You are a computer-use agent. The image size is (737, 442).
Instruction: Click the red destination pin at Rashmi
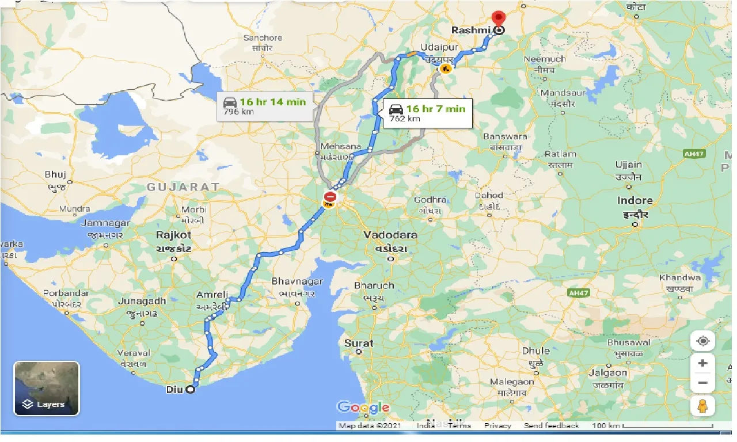click(499, 19)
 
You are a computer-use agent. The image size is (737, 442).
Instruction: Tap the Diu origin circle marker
click(189, 390)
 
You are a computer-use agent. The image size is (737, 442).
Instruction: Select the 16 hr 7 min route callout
click(427, 113)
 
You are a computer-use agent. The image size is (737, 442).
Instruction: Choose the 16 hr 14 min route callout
click(265, 106)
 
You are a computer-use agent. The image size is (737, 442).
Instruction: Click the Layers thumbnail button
click(47, 388)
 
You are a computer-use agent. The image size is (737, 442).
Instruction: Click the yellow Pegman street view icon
click(702, 406)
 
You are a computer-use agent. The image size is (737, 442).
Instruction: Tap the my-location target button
click(702, 341)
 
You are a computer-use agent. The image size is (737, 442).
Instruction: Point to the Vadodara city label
click(390, 235)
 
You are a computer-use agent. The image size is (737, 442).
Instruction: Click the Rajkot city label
click(173, 235)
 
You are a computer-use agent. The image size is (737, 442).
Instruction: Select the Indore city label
click(635, 201)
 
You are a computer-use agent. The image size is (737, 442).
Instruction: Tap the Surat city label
click(359, 343)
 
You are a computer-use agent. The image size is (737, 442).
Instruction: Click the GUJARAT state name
click(183, 187)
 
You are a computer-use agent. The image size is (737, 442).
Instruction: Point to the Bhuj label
click(55, 174)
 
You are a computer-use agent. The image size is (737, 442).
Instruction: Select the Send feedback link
click(551, 426)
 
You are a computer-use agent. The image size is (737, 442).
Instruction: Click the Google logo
click(363, 408)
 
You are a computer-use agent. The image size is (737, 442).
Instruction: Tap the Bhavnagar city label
click(297, 282)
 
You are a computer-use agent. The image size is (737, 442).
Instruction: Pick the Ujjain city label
click(628, 165)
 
